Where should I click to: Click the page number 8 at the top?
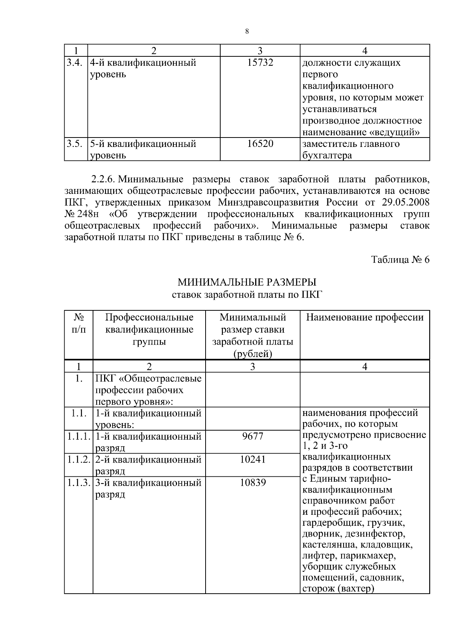point(247,32)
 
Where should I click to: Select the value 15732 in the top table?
point(260,63)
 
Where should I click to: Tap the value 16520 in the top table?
point(260,144)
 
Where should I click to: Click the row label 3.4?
point(74,63)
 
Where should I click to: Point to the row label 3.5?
point(74,144)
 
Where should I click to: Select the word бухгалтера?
point(327,156)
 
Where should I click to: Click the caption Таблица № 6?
point(400,260)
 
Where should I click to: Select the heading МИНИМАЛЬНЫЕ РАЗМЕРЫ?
point(247,282)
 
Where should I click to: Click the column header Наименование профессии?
point(365,317)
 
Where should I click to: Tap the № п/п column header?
point(78,324)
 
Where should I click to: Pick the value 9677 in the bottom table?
point(253,436)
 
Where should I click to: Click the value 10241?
point(253,459)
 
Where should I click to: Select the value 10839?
point(253,482)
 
